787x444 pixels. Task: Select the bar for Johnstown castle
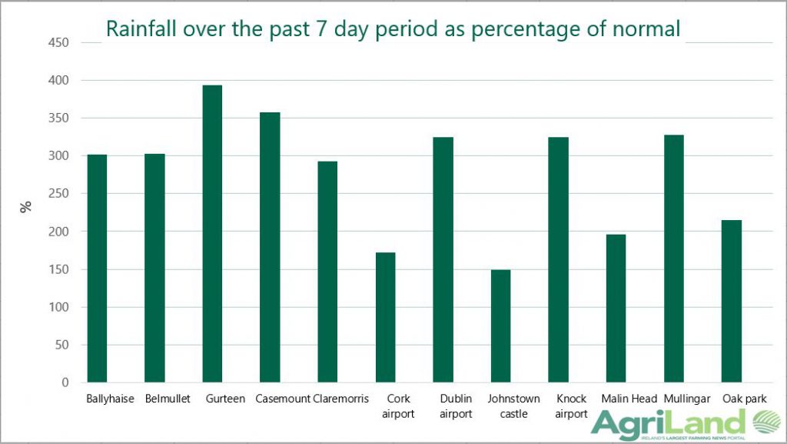(x=500, y=326)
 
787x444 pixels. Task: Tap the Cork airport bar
(x=385, y=317)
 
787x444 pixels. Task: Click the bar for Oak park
(x=732, y=302)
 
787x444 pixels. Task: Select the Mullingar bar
(x=674, y=259)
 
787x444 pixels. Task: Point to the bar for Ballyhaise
(x=97, y=269)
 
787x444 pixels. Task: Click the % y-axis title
(x=26, y=206)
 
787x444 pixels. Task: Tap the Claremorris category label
(x=341, y=399)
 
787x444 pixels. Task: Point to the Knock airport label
(x=571, y=406)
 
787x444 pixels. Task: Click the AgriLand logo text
(x=669, y=424)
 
